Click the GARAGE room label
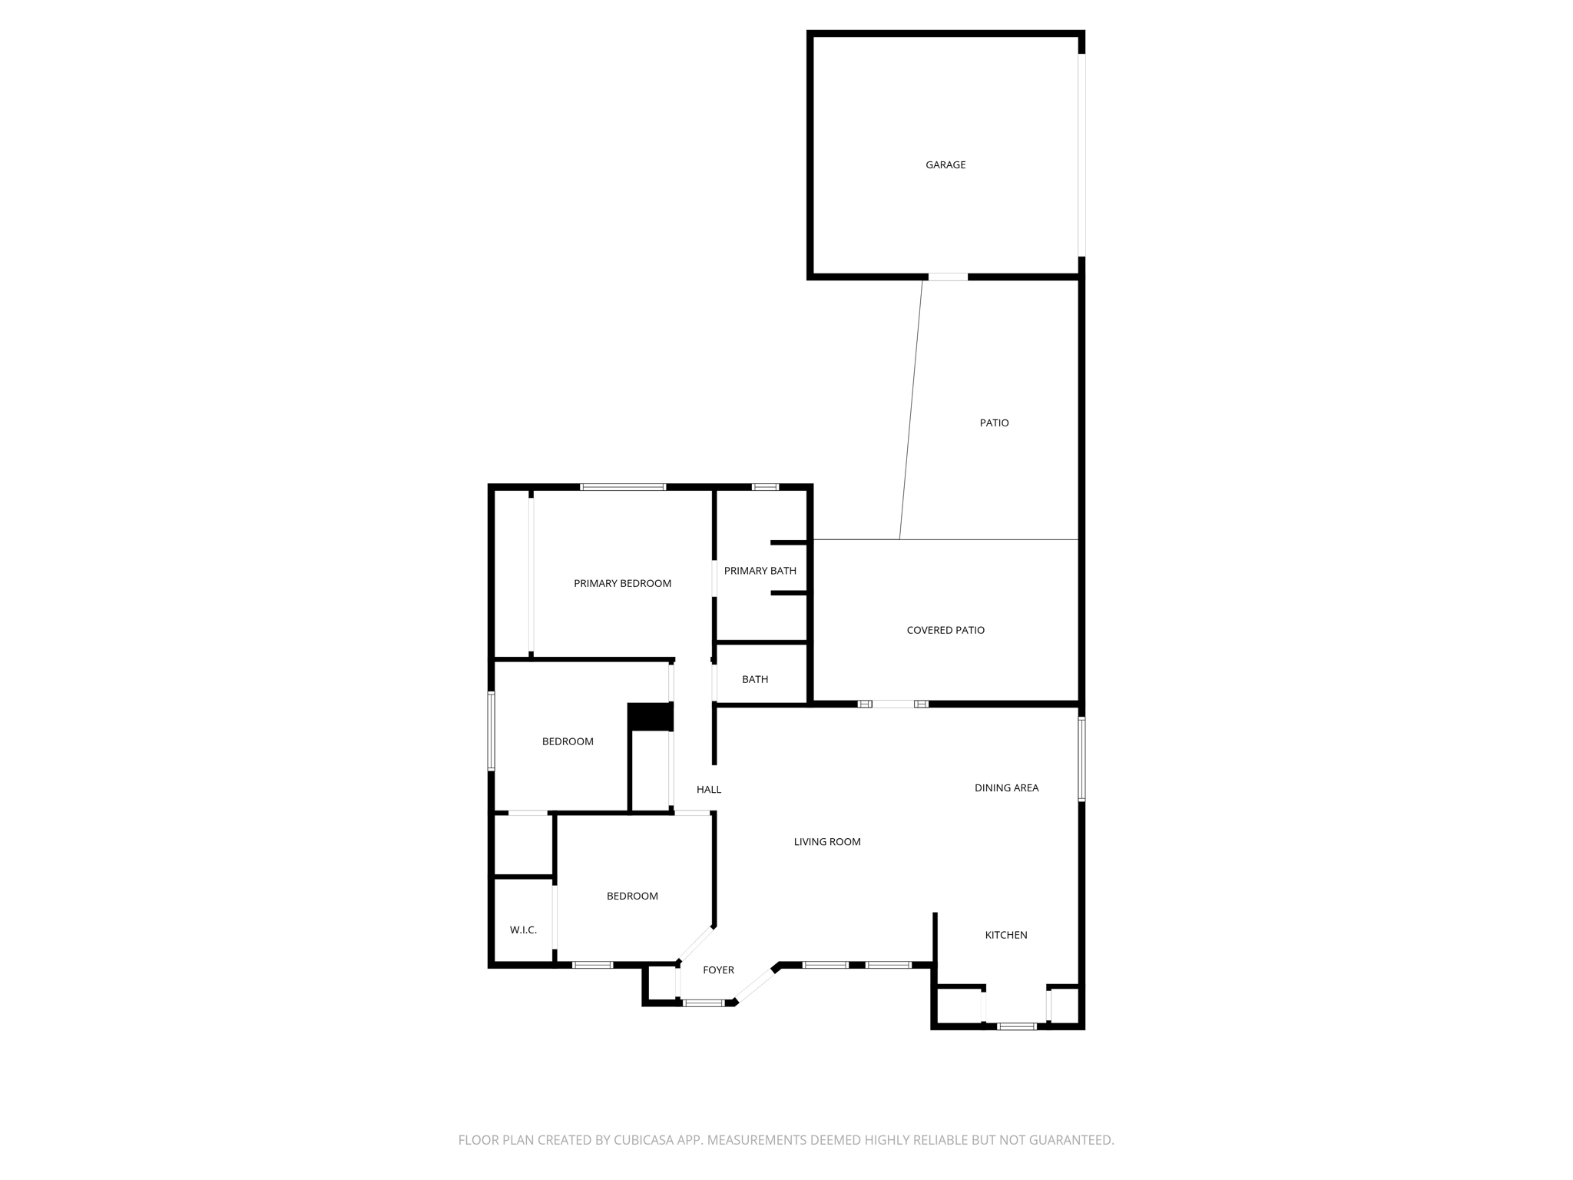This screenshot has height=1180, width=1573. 945,165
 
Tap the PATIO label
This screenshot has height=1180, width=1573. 994,423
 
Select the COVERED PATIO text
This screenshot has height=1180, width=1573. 945,631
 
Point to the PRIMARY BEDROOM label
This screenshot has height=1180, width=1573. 622,584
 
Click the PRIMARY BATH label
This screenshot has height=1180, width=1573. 760,571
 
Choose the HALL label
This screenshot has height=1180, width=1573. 708,790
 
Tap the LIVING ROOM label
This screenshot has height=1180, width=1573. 827,842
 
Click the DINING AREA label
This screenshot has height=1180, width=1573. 1006,788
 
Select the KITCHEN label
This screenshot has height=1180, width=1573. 1006,936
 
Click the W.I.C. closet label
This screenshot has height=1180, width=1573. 523,930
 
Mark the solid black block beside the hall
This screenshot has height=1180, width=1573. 651,717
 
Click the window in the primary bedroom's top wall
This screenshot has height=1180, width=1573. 623,487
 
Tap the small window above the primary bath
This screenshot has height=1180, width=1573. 765,487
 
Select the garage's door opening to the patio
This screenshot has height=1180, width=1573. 948,277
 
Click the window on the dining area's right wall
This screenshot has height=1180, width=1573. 1081,759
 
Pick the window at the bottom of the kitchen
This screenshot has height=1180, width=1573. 1016,1026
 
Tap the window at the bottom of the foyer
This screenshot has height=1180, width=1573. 704,1003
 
